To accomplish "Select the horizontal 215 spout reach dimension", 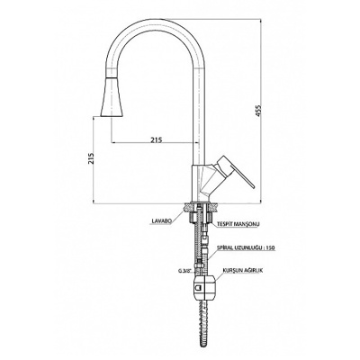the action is click(x=156, y=139).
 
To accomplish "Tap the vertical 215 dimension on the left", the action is click(x=92, y=158).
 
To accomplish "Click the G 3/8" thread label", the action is click(x=184, y=270).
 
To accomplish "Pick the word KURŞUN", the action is click(x=229, y=270).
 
